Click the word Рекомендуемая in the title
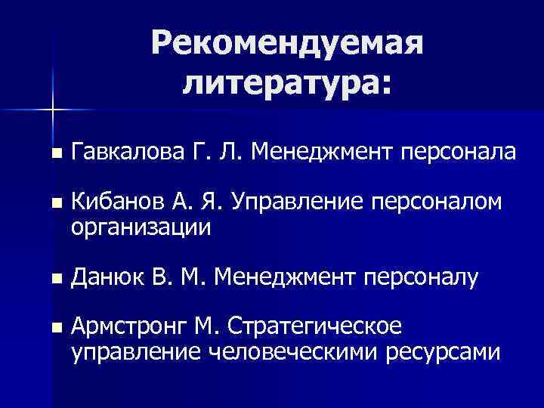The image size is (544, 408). [x=286, y=45]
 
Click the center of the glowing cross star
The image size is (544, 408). [x=54, y=110]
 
